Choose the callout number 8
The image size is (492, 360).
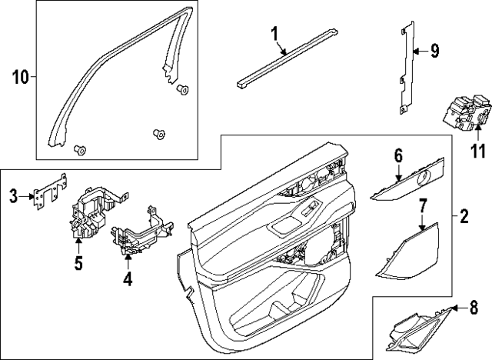(x=473, y=309)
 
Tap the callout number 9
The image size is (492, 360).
(x=434, y=52)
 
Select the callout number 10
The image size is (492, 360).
(x=20, y=76)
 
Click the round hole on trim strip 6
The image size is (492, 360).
(x=424, y=178)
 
